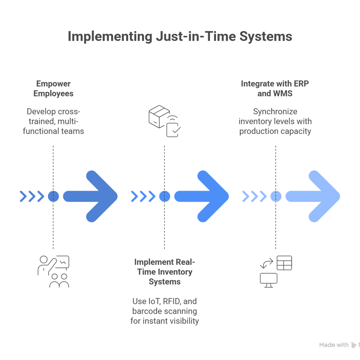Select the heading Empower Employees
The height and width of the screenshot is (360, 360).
53,88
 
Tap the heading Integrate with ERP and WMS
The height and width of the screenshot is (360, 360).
275,88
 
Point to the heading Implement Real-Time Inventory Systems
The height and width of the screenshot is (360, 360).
165,272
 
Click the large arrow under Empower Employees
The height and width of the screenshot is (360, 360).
93,196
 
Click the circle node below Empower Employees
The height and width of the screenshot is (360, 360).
53,196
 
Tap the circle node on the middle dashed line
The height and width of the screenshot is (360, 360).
165,196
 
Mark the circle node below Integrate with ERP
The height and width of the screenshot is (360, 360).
276,196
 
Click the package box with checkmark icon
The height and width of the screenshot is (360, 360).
165,121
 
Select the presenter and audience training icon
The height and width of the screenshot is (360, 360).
54,271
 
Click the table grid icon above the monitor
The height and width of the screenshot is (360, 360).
284,263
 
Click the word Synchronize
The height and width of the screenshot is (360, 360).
275,112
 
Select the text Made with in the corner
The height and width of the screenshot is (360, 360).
334,345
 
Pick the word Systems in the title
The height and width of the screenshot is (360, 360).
266,37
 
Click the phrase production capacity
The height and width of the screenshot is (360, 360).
275,131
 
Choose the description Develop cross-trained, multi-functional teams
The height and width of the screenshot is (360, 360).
53,121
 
